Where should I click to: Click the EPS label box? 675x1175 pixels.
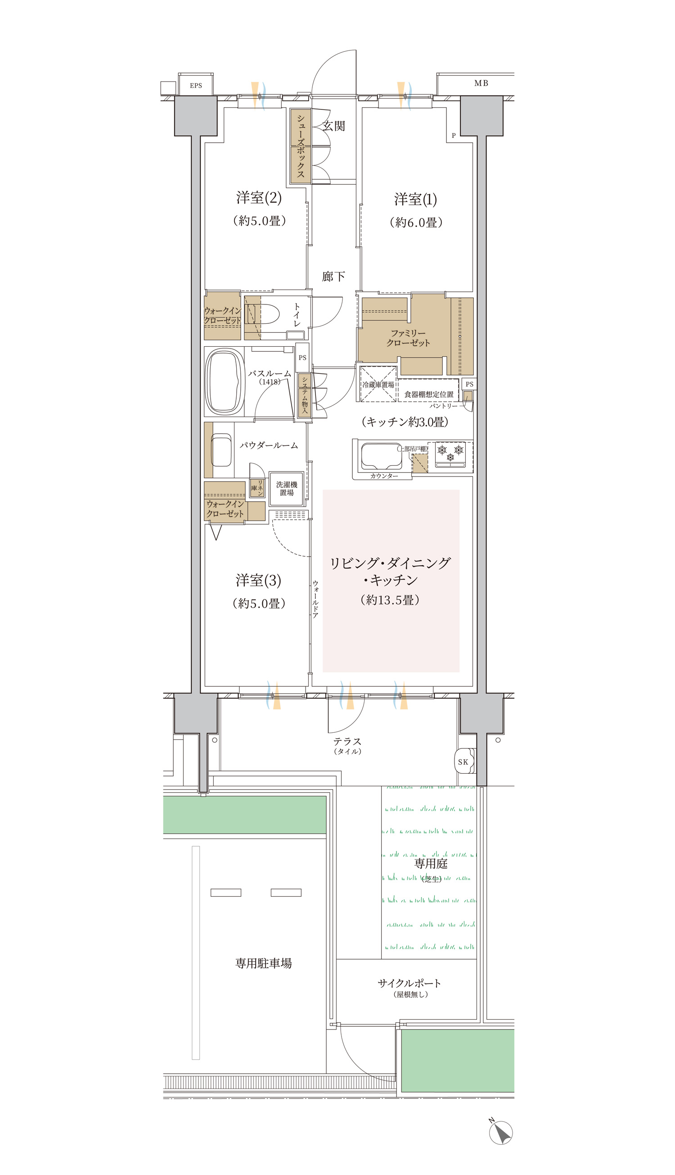click(x=196, y=85)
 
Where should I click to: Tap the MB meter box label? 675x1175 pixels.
click(x=481, y=83)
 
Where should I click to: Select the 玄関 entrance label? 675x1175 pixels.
click(x=334, y=126)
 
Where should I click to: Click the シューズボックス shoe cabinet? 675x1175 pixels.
click(x=301, y=145)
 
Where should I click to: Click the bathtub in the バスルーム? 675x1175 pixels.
click(x=225, y=381)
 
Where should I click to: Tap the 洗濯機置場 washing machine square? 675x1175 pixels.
click(x=287, y=489)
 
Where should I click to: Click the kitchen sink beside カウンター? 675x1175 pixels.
click(x=382, y=457)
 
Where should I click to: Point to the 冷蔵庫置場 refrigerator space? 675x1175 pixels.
click(x=378, y=384)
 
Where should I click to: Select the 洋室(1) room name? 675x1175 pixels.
click(x=415, y=199)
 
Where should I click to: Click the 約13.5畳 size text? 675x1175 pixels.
click(x=390, y=600)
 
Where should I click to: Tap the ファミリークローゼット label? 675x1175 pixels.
click(x=409, y=338)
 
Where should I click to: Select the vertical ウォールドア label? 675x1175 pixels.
click(x=315, y=599)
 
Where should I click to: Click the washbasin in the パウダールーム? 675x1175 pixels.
click(x=221, y=449)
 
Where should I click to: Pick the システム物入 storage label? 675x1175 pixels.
click(x=305, y=395)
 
